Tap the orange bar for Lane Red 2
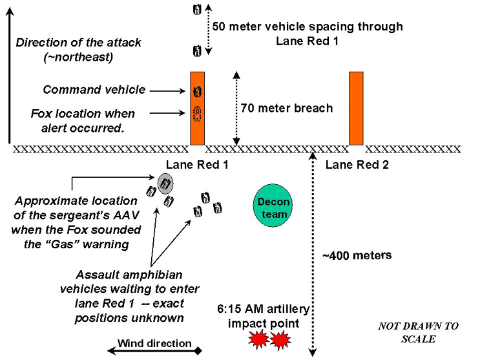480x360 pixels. click(357, 108)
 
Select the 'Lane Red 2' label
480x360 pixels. click(357, 165)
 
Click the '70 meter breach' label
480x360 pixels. click(286, 108)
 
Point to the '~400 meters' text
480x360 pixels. click(357, 255)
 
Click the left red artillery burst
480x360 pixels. click(258, 339)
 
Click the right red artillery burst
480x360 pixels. click(280, 339)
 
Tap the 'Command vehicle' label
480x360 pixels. click(94, 90)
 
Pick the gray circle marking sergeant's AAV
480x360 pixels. click(165, 184)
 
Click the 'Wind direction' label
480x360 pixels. click(154, 344)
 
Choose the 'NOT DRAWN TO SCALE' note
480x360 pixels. click(418, 332)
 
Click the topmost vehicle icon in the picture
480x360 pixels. click(197, 9)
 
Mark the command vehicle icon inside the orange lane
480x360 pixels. click(197, 90)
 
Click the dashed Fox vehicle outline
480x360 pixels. click(197, 114)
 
